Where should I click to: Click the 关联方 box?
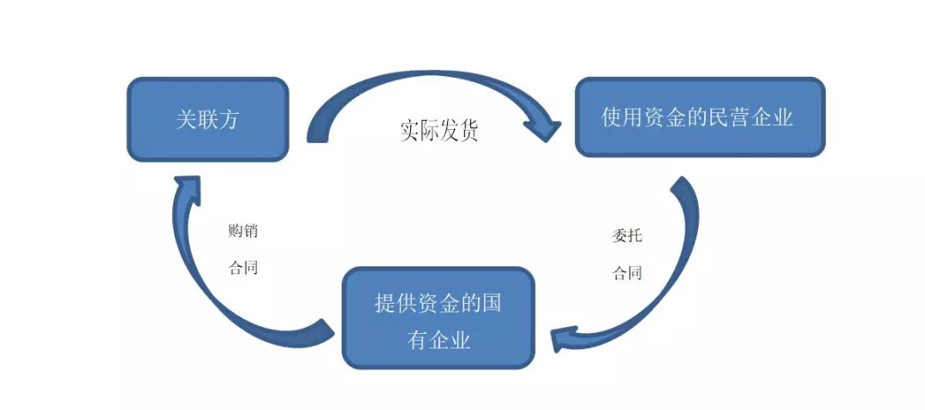(207, 119)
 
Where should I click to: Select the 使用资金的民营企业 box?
(699, 117)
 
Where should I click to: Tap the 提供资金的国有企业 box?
(438, 318)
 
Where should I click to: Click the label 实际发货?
(439, 130)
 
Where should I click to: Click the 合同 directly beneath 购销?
(242, 267)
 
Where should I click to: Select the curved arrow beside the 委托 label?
(677, 257)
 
